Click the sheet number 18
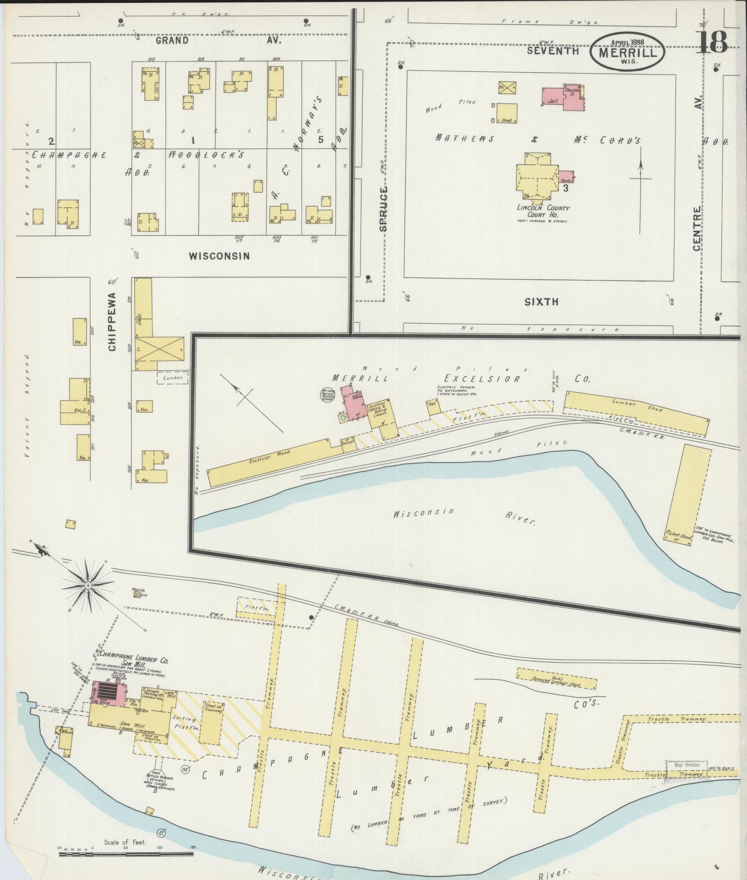712,42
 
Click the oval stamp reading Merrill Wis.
627,52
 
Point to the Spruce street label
383,209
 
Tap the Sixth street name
541,302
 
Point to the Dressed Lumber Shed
556,679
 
